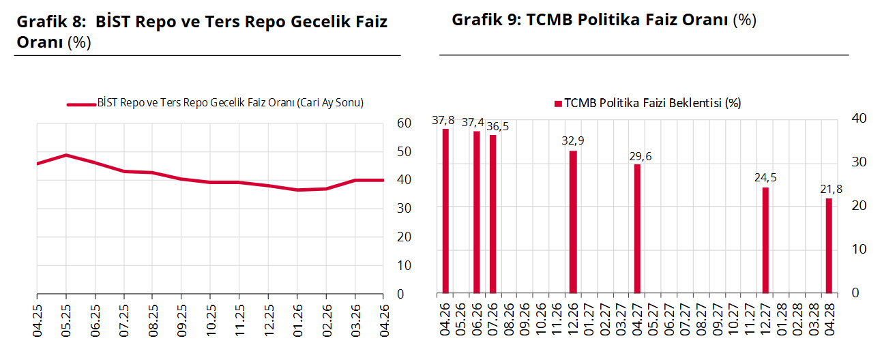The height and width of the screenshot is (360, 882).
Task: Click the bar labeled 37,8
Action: [445, 211]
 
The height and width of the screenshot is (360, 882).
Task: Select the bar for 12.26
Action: [573, 222]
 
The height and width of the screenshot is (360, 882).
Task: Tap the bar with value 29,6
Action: [637, 229]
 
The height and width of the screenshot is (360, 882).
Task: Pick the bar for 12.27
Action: [765, 241]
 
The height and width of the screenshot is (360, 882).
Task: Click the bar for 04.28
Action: [829, 246]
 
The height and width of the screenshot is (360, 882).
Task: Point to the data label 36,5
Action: [497, 127]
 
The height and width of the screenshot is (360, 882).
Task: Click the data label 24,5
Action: [765, 179]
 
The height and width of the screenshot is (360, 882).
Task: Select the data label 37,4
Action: [473, 123]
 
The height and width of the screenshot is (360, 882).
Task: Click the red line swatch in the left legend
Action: [80, 104]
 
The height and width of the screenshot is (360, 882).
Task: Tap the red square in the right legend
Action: [558, 104]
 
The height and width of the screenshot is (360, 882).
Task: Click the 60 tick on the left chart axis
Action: [404, 123]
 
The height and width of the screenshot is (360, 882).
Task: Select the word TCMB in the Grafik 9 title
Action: [548, 20]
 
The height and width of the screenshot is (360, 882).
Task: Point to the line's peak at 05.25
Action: [65, 155]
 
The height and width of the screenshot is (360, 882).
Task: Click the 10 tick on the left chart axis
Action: [404, 265]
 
